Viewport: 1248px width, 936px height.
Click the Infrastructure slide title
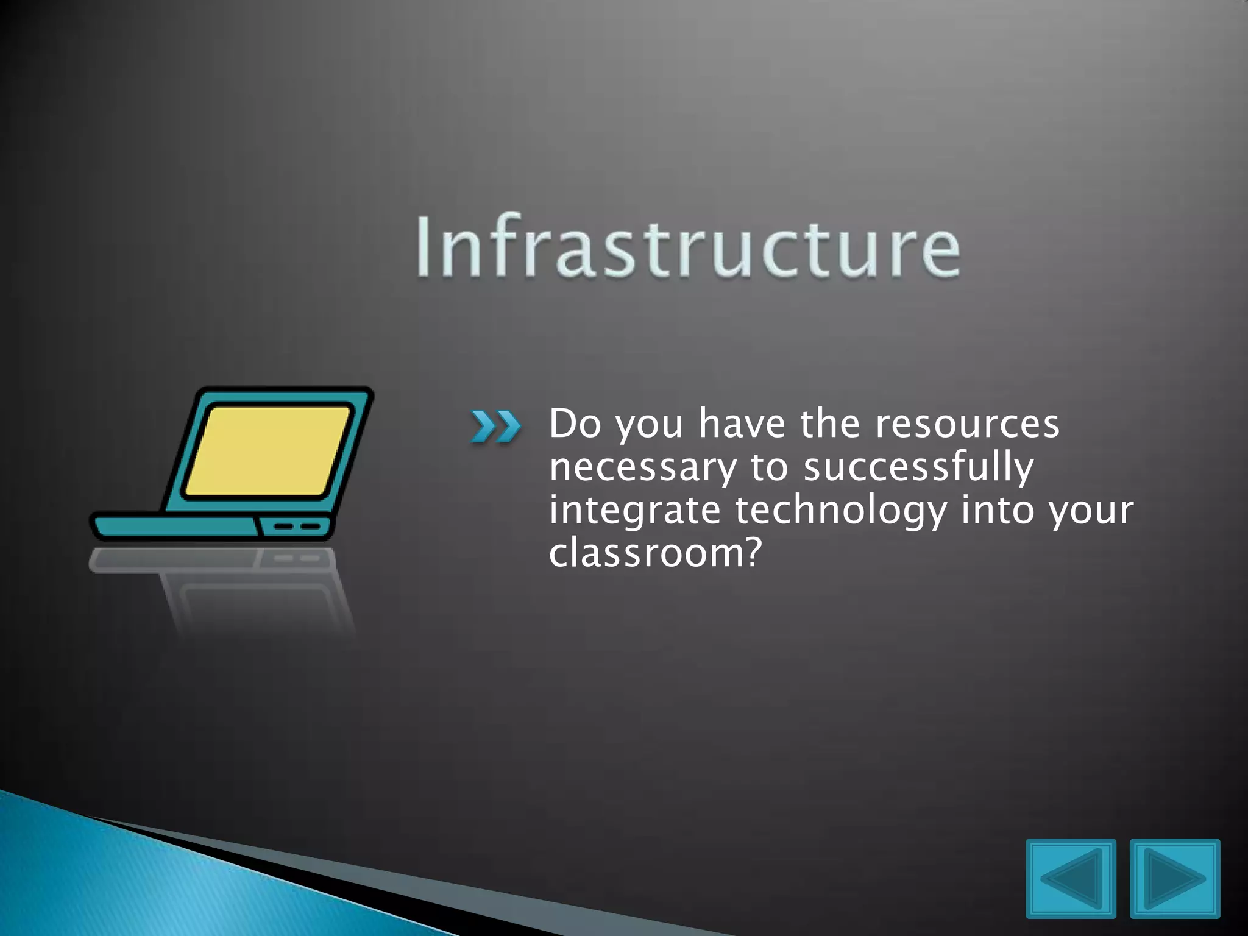687,247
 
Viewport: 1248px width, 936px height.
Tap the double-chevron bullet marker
495,426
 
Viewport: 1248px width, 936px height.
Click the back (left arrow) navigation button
1071,878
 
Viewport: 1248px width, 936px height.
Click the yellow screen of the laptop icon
268,451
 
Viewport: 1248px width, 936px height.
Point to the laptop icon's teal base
177,527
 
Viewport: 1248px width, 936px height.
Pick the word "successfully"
918,468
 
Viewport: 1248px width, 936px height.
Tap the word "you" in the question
648,425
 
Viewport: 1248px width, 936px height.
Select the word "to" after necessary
769,468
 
